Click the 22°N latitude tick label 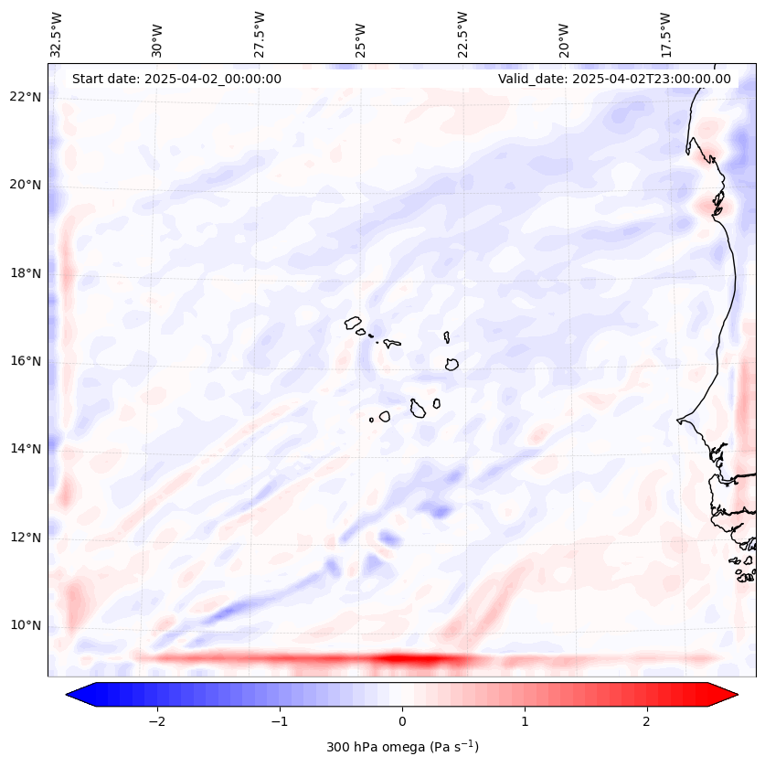click(26, 98)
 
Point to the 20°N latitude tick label click(26, 186)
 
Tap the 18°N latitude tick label click(26, 273)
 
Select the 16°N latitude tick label click(26, 361)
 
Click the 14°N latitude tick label click(26, 449)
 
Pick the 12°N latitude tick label click(26, 538)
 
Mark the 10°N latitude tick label click(26, 625)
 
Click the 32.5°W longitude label click(56, 35)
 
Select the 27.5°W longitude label click(259, 35)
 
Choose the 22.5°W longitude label click(462, 35)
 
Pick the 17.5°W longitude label click(666, 35)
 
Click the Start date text click(176, 79)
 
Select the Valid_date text click(614, 79)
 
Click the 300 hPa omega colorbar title click(402, 747)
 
